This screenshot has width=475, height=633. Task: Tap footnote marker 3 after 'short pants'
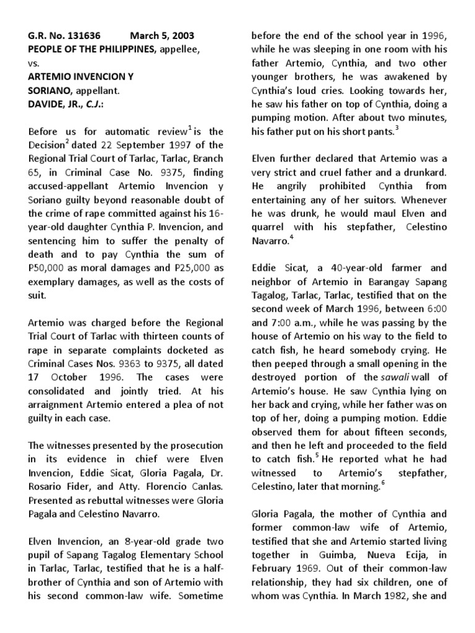pos(397,128)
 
